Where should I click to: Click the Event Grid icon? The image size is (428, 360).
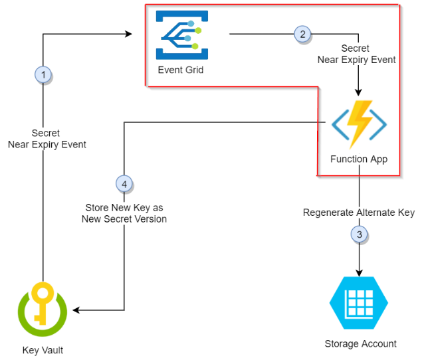181,35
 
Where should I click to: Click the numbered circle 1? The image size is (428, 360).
43,75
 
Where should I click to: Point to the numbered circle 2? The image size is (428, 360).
302,34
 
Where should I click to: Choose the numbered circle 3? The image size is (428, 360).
360,234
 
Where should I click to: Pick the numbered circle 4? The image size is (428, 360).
124,183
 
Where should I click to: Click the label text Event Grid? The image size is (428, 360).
181,70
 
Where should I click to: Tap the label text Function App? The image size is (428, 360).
359,159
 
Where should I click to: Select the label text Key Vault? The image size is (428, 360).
42,350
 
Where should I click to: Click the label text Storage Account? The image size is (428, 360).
360,343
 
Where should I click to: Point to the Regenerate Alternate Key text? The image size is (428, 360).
359,213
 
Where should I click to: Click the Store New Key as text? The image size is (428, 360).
124,207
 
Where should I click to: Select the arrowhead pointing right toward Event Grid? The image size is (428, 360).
128,34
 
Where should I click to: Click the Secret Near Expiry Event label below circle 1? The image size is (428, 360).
47,139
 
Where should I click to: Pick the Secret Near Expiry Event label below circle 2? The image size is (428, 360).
356,54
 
